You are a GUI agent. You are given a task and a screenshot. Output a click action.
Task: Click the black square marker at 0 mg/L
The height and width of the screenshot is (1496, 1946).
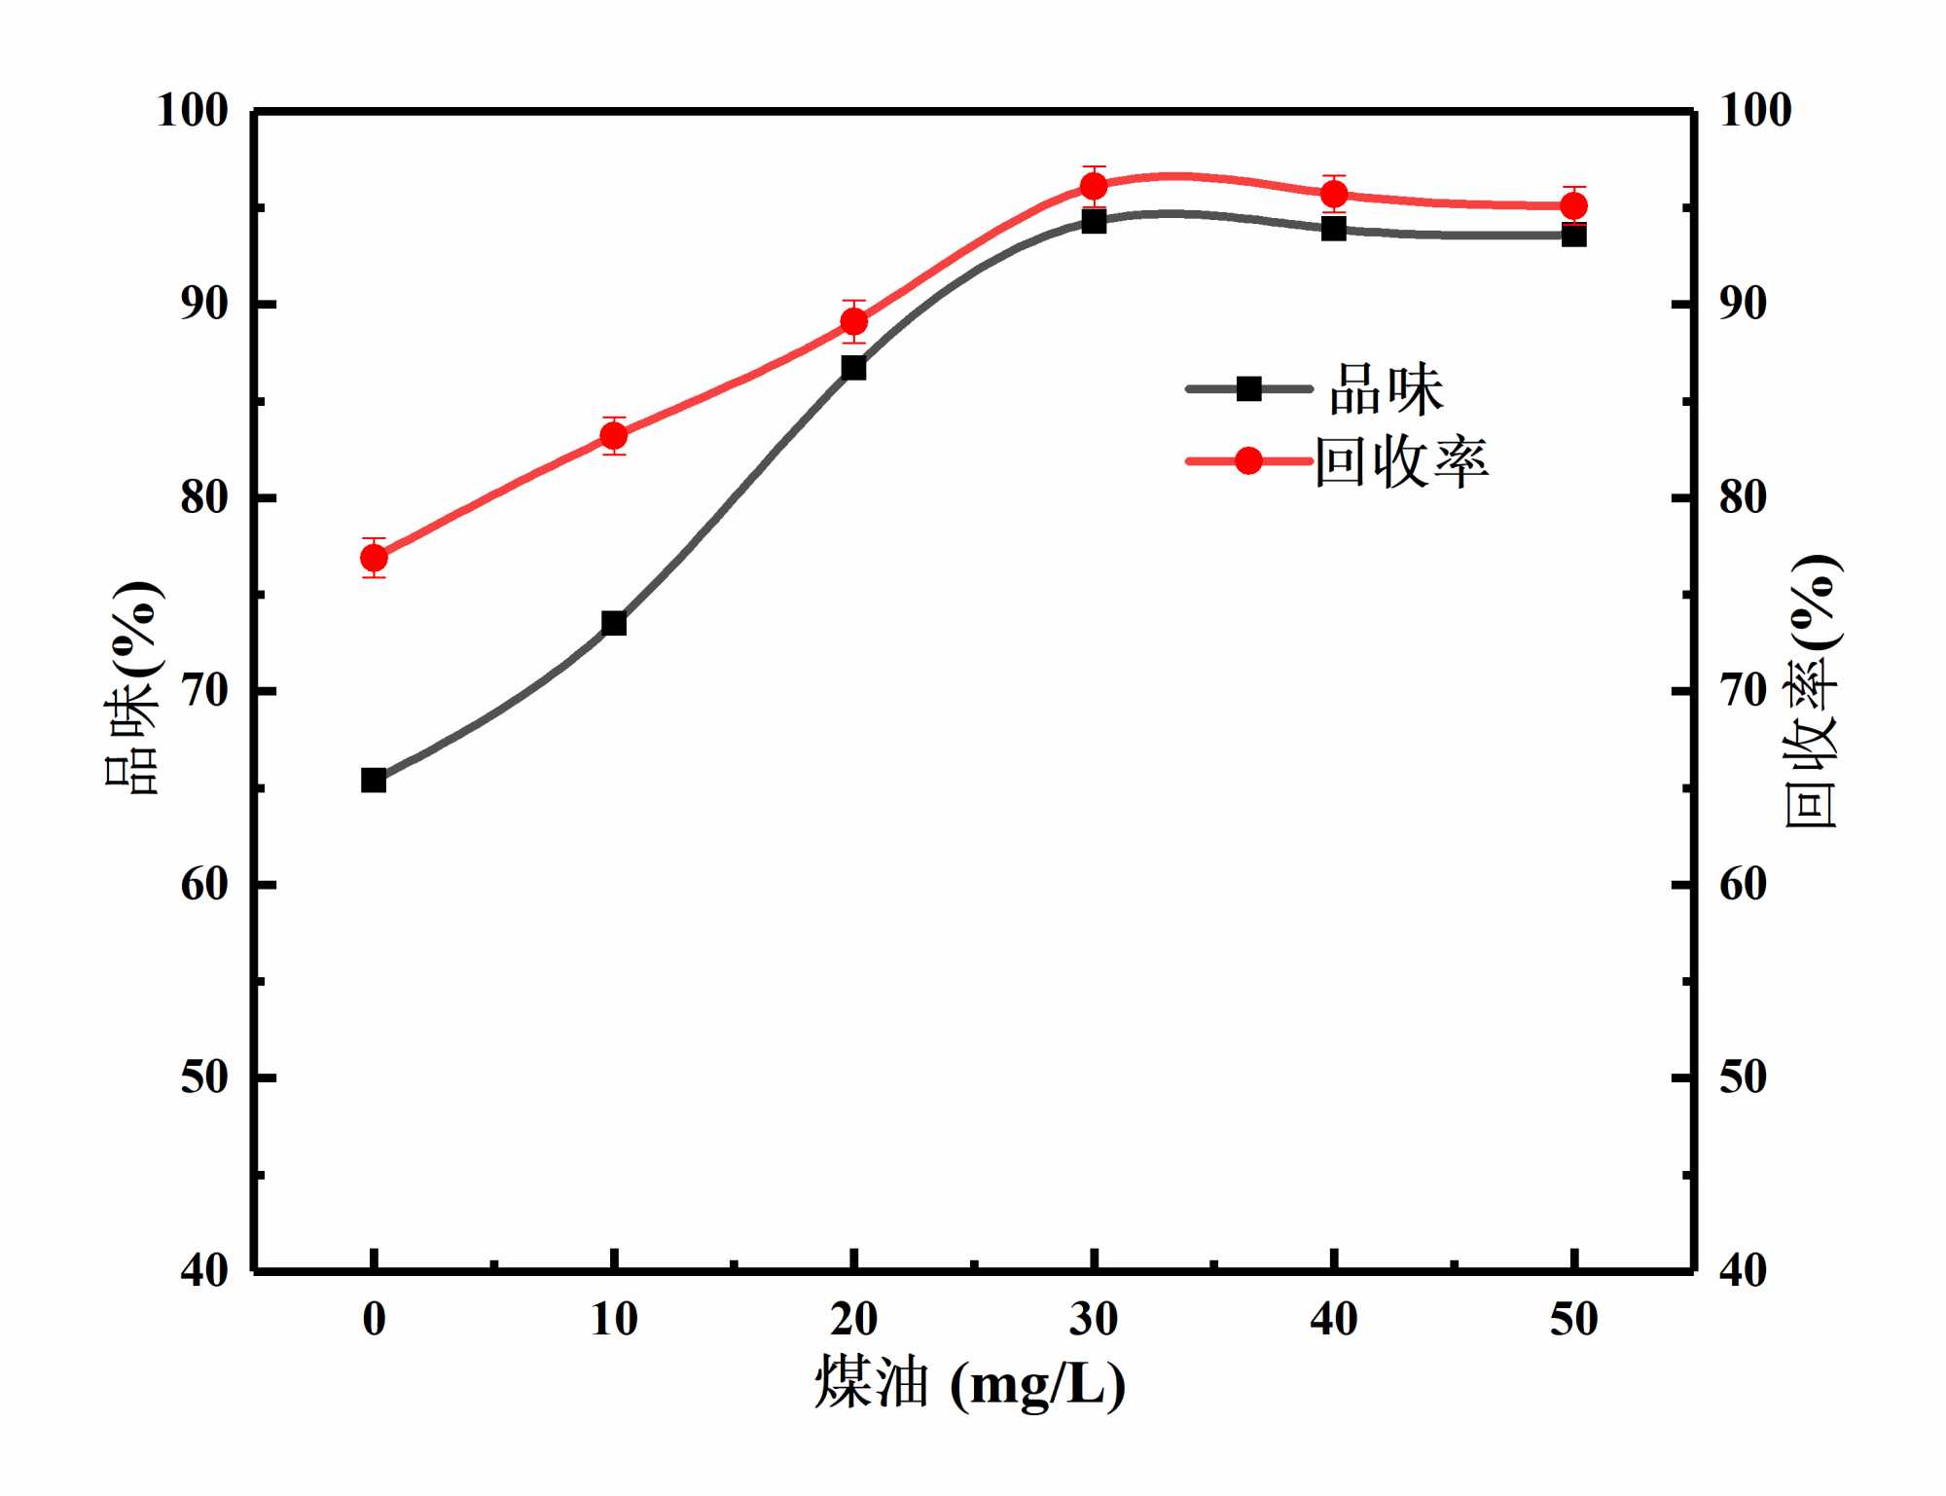374,780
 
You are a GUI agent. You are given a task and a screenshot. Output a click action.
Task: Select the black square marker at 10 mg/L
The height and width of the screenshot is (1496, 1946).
614,623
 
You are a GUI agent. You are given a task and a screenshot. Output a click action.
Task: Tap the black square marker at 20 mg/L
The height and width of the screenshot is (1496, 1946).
854,368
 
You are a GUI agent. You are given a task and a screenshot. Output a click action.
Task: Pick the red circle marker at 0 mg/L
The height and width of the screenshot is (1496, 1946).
374,558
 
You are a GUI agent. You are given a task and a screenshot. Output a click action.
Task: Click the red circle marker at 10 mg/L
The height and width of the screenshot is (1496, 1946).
614,436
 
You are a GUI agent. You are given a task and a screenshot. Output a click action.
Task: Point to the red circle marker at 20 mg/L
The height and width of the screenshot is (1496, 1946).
854,321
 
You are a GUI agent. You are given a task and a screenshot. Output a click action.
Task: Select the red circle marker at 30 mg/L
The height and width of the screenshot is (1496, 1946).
1094,186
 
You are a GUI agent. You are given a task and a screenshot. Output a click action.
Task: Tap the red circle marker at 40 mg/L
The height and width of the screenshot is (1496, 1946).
1334,194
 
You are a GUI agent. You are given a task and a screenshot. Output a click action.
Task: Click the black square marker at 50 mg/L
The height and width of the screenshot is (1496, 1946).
1574,235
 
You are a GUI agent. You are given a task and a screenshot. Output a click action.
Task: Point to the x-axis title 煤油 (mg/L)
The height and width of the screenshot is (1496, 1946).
970,1382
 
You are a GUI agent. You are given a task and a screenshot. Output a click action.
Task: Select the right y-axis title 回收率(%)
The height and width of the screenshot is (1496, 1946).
1812,691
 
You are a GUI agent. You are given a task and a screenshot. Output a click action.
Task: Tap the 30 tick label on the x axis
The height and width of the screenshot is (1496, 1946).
1094,1320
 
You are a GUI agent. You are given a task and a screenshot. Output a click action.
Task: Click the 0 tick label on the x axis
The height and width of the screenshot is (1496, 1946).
374,1320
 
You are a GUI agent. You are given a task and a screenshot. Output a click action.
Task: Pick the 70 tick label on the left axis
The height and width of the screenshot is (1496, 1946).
204,691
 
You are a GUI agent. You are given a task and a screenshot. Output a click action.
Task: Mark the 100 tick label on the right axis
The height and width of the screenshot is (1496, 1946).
1755,110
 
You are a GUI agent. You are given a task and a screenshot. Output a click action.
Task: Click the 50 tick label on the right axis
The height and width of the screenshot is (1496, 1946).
1743,1077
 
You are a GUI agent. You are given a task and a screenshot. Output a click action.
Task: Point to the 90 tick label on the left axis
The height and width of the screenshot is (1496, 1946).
204,304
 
